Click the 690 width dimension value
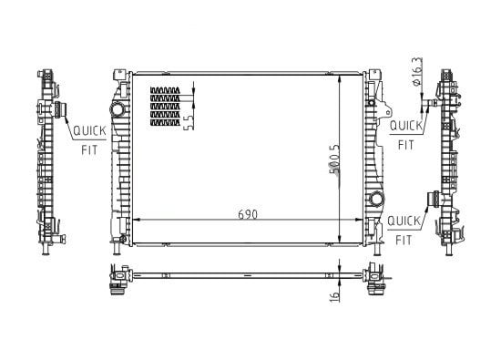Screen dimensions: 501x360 [248, 214]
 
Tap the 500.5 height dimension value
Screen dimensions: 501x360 [334, 159]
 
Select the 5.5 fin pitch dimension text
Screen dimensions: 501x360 [189, 122]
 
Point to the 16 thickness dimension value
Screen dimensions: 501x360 [334, 296]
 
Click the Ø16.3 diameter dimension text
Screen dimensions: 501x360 [417, 71]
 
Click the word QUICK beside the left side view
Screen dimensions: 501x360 [89, 130]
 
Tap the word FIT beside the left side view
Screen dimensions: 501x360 [89, 150]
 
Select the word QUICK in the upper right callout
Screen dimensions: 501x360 [406, 126]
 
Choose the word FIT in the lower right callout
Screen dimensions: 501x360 [404, 240]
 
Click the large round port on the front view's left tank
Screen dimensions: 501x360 [118, 109]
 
